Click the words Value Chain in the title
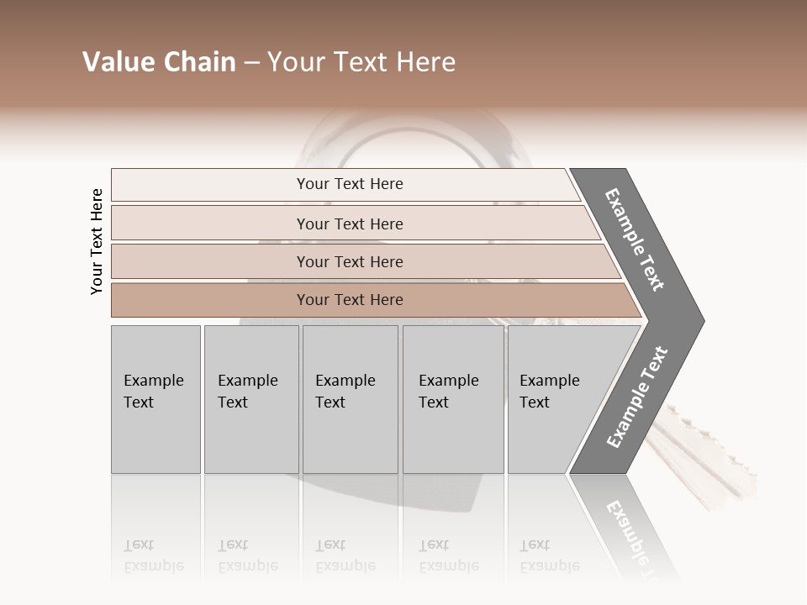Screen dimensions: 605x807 click(159, 62)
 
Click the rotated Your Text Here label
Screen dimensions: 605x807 click(97, 241)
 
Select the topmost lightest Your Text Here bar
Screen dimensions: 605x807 click(350, 184)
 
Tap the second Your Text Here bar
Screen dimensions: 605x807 click(350, 224)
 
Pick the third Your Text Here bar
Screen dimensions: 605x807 click(350, 261)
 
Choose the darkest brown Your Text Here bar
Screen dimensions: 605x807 click(350, 299)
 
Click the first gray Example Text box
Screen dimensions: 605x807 click(156, 399)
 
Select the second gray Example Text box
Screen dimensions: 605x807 click(251, 399)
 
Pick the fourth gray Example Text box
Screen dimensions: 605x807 click(453, 399)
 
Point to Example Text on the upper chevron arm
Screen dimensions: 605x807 click(635, 240)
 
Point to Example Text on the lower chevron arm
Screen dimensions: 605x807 click(636, 397)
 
